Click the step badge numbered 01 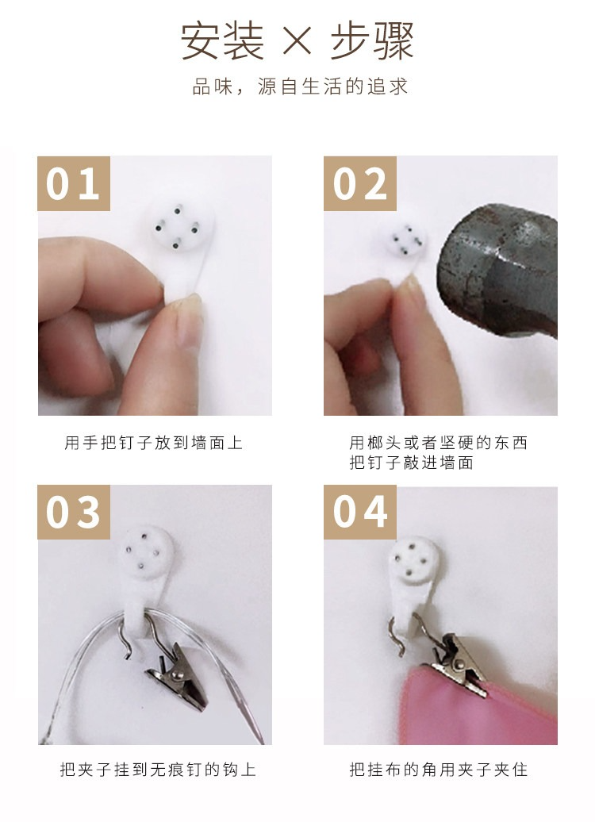point(74,183)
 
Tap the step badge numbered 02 point(359,183)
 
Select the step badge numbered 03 point(74,513)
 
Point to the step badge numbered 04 point(359,513)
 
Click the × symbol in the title point(297,40)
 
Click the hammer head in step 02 point(497,270)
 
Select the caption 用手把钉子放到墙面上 point(154,443)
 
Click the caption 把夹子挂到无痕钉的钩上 point(158,770)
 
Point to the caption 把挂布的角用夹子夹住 point(438,770)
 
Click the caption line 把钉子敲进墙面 point(412,463)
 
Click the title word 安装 point(222,40)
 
